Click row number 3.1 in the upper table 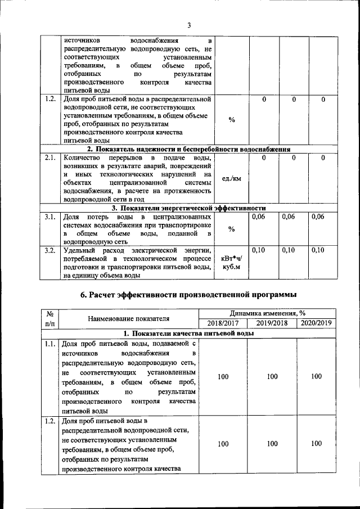[x=49, y=217]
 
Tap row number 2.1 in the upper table [x=49, y=158]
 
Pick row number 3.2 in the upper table [x=49, y=250]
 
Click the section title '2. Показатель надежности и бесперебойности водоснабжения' [x=188, y=150]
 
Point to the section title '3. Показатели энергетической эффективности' [x=188, y=208]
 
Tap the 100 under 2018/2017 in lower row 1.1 [x=223, y=377]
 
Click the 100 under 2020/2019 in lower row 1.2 [x=316, y=444]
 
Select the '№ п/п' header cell [x=50, y=318]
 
